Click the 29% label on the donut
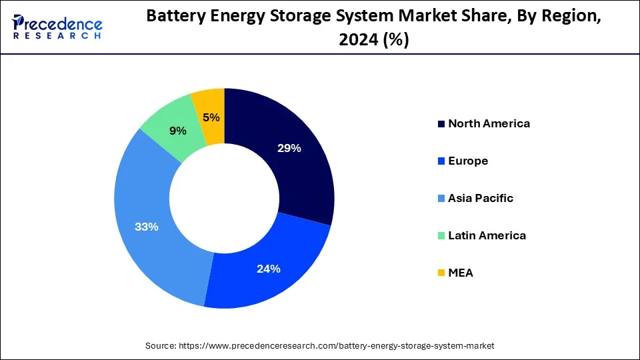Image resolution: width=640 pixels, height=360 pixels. coord(289,148)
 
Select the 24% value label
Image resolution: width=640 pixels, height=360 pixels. coord(269,269)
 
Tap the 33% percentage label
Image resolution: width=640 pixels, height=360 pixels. coord(146,227)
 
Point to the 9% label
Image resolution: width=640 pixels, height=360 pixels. coord(178,131)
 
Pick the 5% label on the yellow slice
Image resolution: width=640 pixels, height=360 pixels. coord(211,117)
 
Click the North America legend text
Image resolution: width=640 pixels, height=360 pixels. coord(489,123)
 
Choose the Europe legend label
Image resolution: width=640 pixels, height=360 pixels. coord(468,161)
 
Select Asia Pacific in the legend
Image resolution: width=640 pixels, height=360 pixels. coord(481,198)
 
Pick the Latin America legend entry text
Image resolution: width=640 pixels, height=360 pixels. coord(487,235)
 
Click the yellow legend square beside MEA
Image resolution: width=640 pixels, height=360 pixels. coord(441,273)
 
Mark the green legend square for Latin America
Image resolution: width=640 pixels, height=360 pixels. coord(441,236)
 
